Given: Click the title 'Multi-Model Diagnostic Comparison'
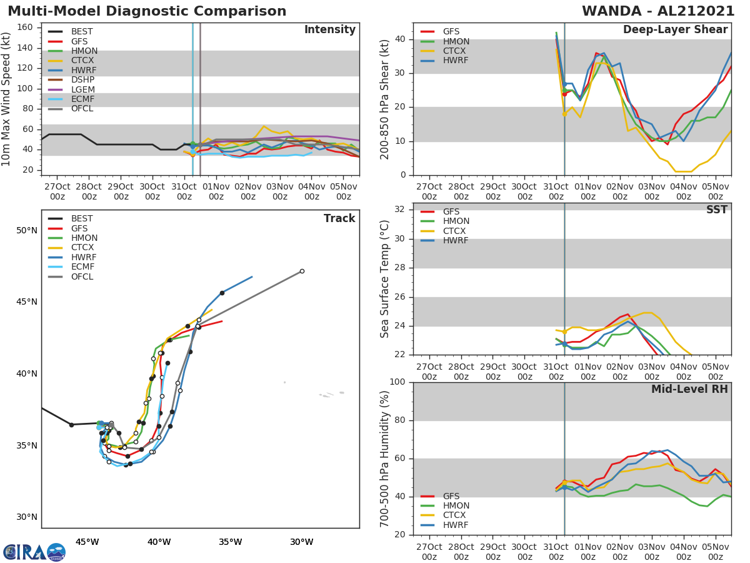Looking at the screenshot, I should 147,11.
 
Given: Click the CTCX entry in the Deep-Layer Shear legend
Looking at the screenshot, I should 455,51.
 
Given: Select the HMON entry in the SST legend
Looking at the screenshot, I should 456,221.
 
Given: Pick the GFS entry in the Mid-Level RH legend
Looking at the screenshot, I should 451,496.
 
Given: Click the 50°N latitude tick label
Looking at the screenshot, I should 27,230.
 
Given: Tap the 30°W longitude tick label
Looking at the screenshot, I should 302,542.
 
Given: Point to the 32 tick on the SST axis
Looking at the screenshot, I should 401,210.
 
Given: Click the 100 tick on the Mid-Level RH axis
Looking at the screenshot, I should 397,382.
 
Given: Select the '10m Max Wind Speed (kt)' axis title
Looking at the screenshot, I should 7,99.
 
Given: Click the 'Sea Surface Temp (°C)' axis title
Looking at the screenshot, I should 385,279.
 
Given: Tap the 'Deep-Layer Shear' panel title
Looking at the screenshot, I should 675,30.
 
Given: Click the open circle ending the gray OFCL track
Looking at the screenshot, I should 302,271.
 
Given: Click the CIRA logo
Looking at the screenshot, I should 34,552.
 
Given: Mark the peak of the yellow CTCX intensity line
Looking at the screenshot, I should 264,126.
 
